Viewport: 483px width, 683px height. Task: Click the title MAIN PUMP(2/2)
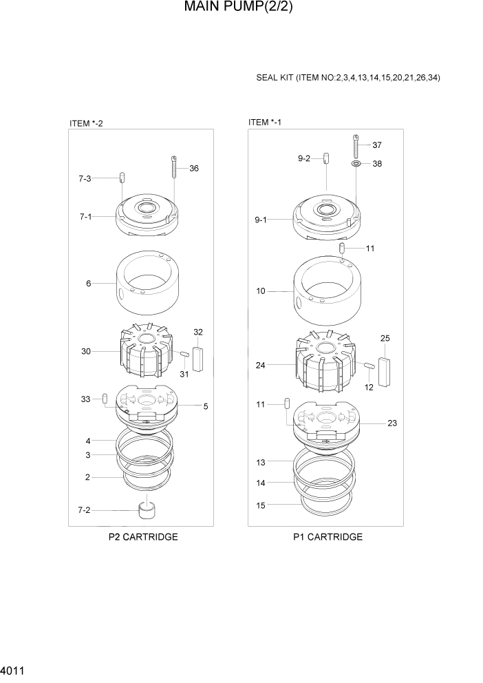point(241,9)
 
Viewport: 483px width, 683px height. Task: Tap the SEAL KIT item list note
point(348,78)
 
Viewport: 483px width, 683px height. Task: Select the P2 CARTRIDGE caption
point(143,537)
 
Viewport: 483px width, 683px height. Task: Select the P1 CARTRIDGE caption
point(328,537)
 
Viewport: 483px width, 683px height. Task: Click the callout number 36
point(194,169)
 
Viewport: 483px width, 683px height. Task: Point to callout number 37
point(377,145)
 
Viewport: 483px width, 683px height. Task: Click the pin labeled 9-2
point(325,159)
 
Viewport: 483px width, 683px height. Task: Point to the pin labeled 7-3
point(121,178)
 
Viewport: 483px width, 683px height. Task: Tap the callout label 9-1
point(261,220)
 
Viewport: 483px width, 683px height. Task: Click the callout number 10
point(261,291)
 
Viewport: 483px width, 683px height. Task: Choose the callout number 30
point(86,351)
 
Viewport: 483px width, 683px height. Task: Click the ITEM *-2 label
point(86,123)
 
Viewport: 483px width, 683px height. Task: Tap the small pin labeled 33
point(105,399)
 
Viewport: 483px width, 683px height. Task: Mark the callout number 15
point(261,505)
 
